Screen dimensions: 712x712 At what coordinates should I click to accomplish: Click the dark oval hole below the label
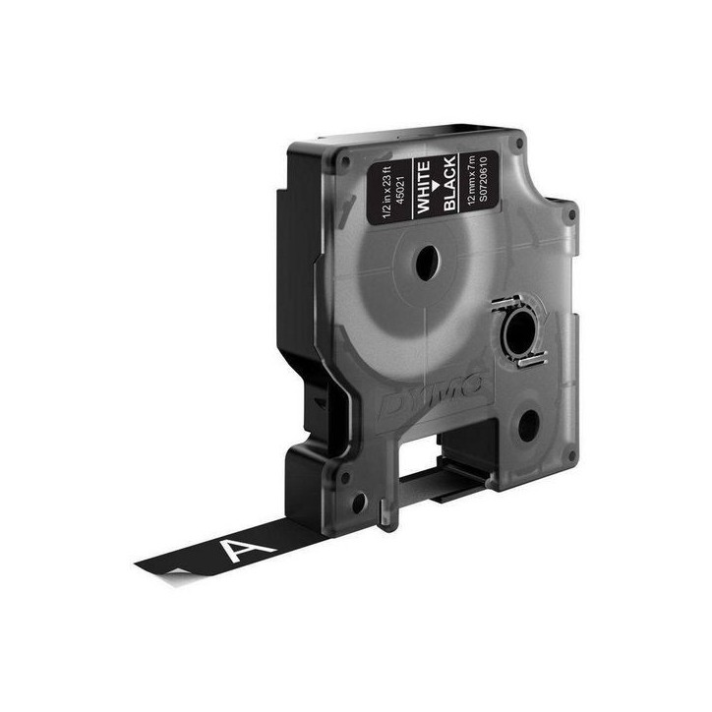tap(429, 264)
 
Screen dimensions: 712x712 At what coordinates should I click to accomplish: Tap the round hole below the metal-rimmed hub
tap(528, 425)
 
